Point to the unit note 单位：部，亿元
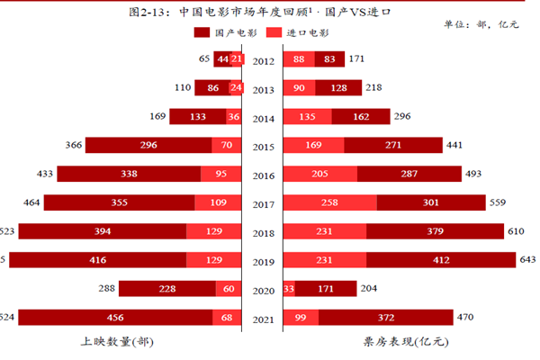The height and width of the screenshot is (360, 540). (x=481, y=23)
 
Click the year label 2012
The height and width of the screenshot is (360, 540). (x=264, y=60)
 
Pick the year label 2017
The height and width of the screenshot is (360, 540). (x=264, y=203)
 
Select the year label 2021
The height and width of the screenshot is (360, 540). (x=264, y=318)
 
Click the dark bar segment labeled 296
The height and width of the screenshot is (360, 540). (x=148, y=146)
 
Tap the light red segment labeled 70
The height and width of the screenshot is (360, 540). (x=227, y=146)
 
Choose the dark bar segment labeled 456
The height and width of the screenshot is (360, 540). (x=115, y=318)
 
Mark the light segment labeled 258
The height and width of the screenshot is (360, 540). (x=329, y=203)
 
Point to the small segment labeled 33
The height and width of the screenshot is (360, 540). (x=289, y=289)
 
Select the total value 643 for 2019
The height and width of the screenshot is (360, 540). (x=525, y=260)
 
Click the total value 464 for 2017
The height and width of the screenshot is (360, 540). (x=30, y=203)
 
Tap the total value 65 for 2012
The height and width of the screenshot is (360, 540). (x=204, y=60)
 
